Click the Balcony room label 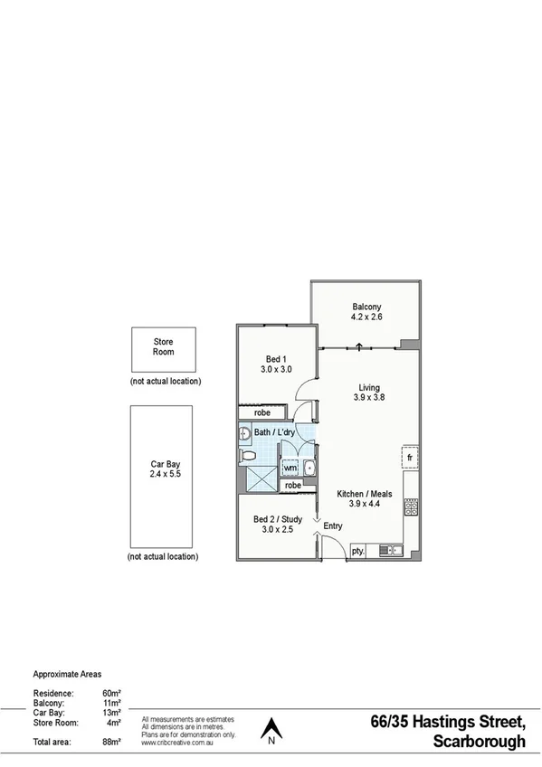[366, 312]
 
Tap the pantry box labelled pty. [357, 549]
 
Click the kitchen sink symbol [392, 549]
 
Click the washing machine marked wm [290, 469]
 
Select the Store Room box [163, 348]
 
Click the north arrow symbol [271, 729]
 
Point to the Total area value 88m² [111, 742]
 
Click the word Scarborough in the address [479, 743]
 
